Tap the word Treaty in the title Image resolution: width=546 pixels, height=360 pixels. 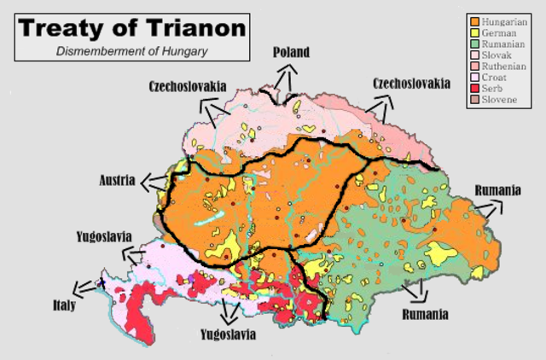point(65,27)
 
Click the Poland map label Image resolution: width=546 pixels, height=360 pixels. point(291,53)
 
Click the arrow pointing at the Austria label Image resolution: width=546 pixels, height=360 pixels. point(154,181)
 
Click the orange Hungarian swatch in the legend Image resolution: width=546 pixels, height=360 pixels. point(473,19)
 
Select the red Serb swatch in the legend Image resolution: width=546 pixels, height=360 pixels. point(473,87)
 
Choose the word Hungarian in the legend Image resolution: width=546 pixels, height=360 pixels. point(505,19)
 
